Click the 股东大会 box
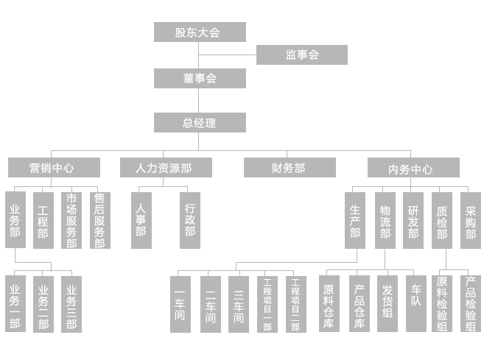200,32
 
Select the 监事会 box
301,54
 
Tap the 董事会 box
200,78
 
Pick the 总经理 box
200,122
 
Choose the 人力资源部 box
166,168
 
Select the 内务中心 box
413,169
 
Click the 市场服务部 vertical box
71,220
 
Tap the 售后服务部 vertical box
99,220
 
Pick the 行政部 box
190,220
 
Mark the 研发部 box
413,220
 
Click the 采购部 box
470,220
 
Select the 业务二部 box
43,303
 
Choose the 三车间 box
238,303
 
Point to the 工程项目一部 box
267,303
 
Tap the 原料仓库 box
329,303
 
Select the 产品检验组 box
470,303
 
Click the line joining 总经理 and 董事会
200,100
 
